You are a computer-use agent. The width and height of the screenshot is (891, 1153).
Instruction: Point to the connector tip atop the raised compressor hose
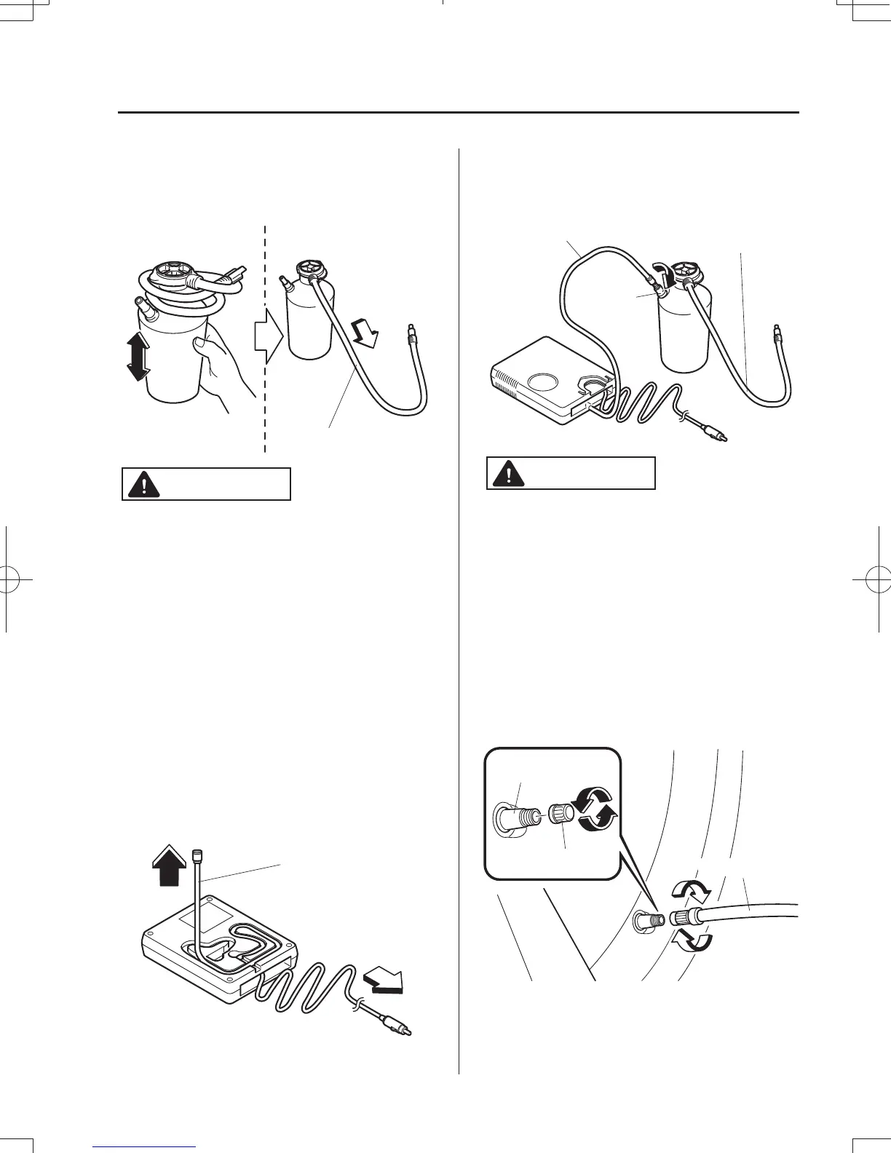194,854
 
